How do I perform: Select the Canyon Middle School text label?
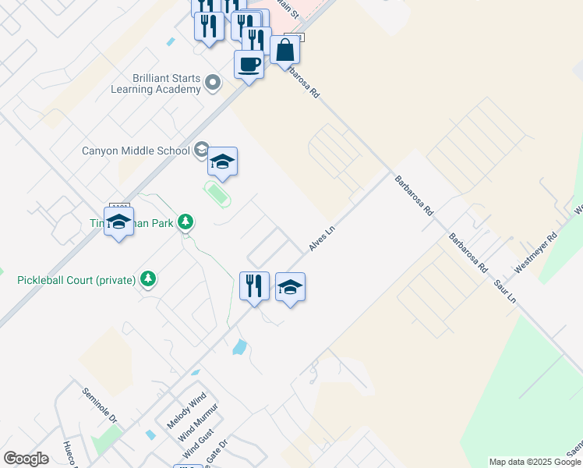coord(136,151)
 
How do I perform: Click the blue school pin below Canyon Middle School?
coord(222,162)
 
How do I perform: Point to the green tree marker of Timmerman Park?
coord(185,223)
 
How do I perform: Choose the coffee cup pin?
coord(249,64)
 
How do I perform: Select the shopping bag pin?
coord(285,49)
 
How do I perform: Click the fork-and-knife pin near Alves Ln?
coord(254,286)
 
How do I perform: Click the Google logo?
coord(26,459)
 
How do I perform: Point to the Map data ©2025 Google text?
coord(534,462)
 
